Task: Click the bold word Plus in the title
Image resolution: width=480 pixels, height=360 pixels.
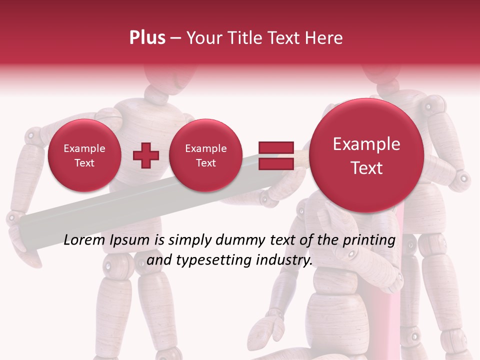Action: point(147,38)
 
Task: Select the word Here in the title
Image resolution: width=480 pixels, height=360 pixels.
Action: point(324,38)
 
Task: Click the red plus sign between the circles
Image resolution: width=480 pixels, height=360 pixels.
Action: point(146,155)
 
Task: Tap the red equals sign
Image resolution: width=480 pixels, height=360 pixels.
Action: point(275,155)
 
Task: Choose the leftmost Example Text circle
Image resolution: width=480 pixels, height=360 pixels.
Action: point(84,155)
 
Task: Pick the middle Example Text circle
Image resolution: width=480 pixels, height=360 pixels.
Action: point(205,155)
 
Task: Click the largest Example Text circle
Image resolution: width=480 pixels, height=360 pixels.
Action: point(366,155)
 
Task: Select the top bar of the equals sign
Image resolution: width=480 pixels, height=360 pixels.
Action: point(275,148)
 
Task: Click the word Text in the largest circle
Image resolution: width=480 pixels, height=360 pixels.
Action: point(366,168)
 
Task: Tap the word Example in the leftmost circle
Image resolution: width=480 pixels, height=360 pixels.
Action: point(84,148)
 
